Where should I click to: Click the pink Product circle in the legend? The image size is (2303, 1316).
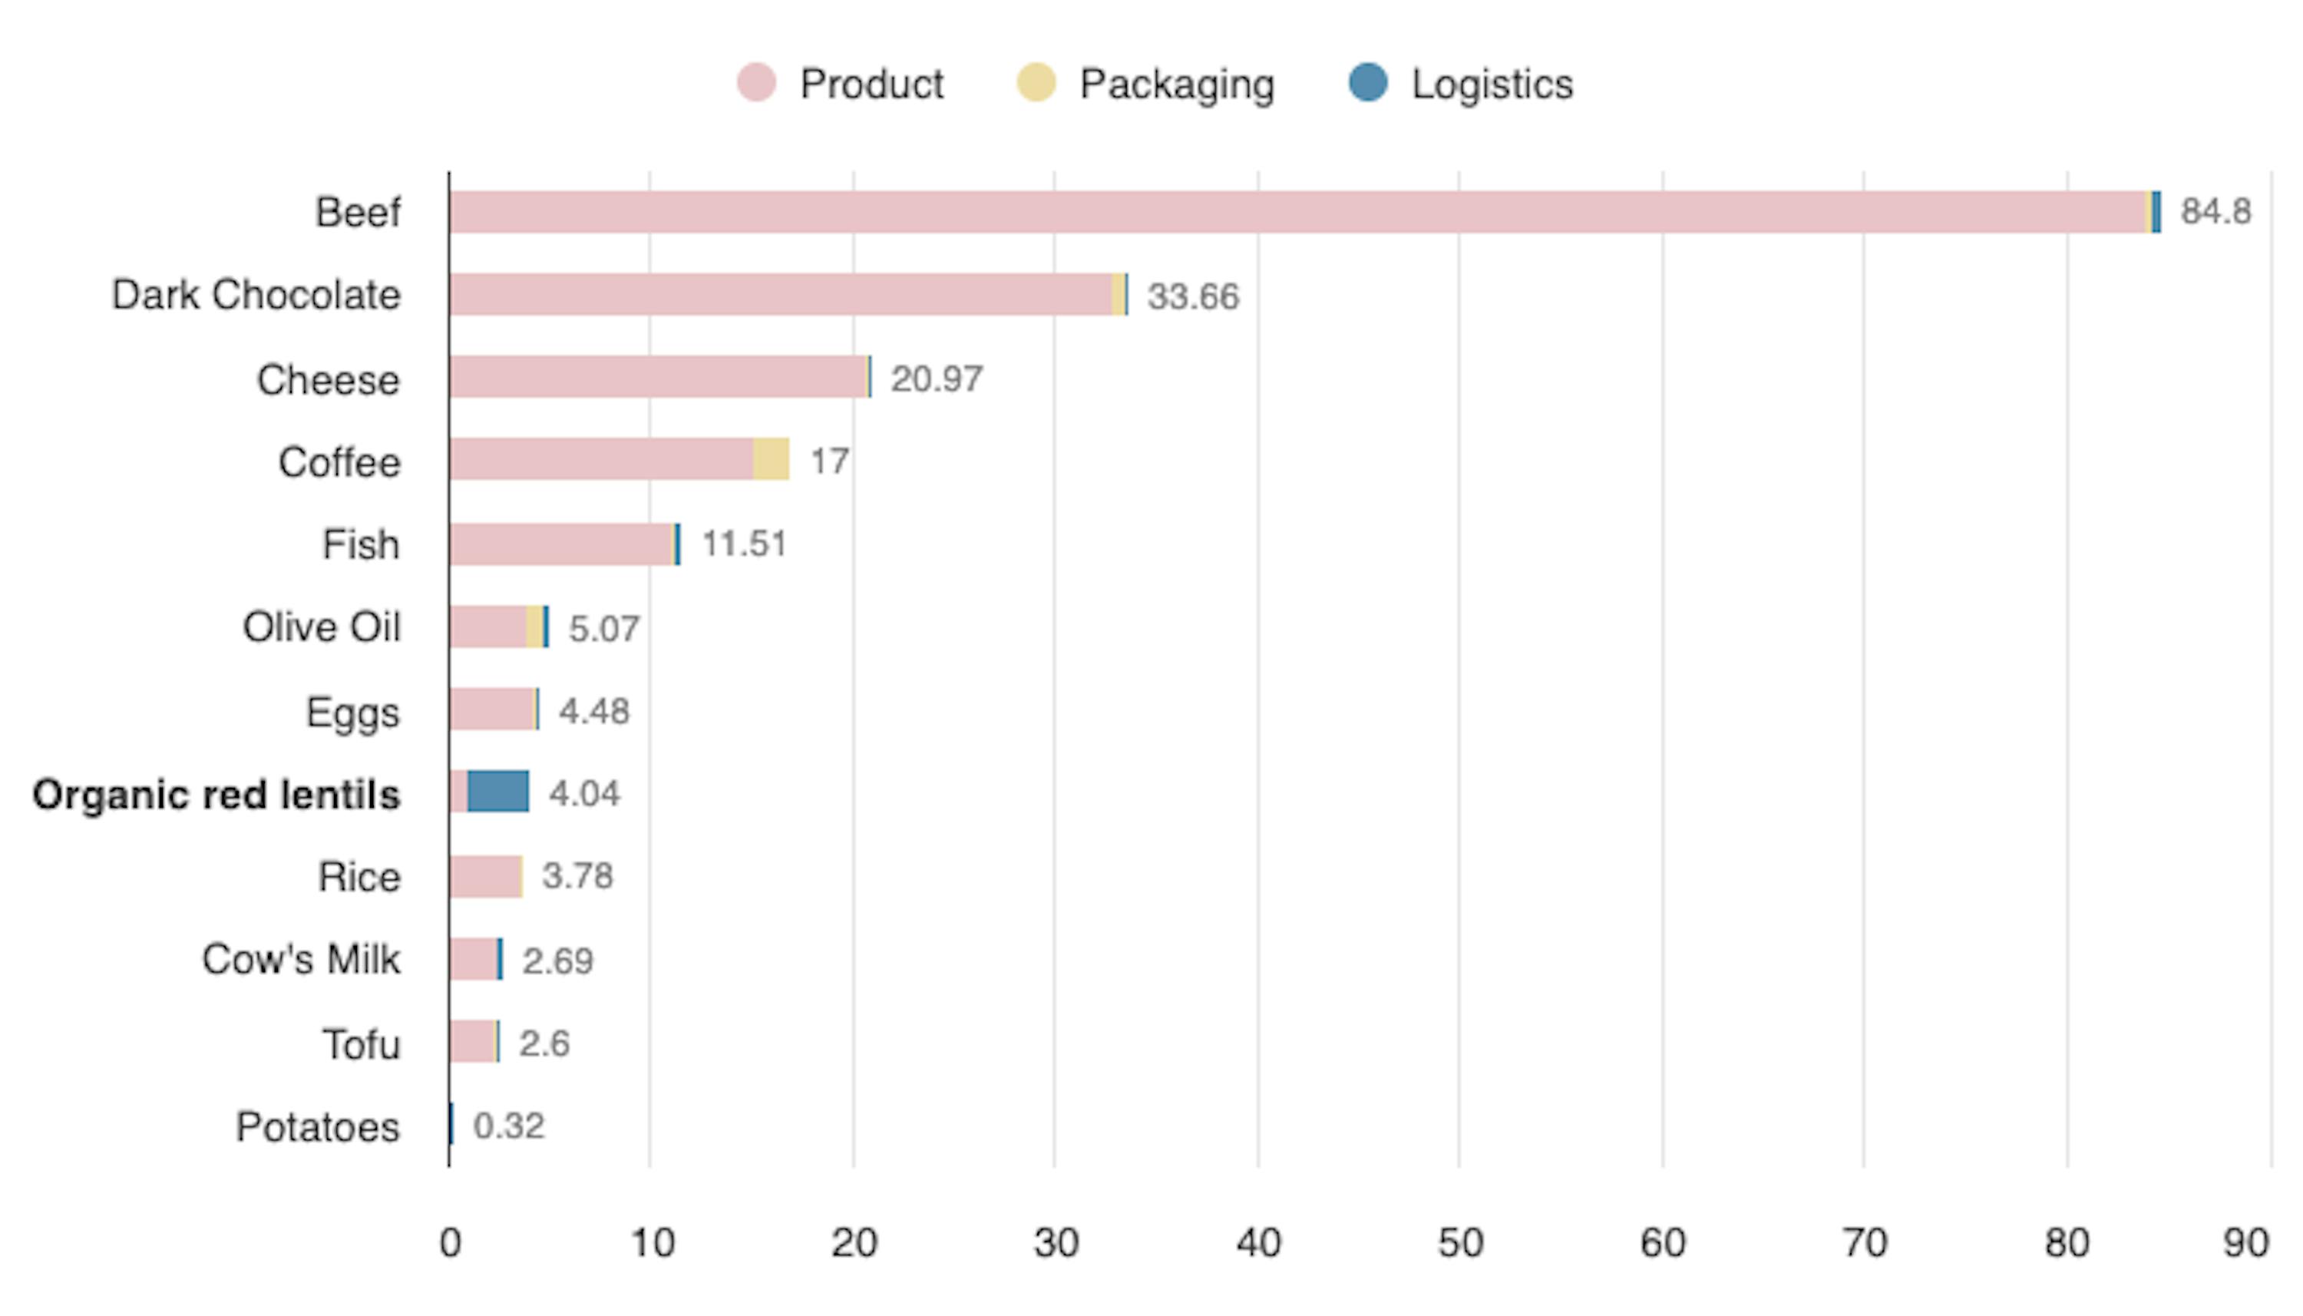[x=755, y=83]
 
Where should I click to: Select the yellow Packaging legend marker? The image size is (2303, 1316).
[x=1036, y=83]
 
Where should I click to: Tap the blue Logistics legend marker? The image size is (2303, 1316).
[x=1368, y=83]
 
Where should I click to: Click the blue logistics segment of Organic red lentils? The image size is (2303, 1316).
[x=497, y=792]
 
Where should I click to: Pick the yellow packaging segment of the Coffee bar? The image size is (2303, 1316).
[x=771, y=459]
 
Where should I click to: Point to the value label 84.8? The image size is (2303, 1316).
[x=2215, y=211]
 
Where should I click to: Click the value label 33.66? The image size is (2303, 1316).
[x=1193, y=296]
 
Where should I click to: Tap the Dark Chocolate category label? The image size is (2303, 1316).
[x=256, y=295]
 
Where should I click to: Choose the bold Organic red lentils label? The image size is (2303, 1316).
[x=216, y=795]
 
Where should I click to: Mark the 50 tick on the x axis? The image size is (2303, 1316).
[x=1460, y=1243]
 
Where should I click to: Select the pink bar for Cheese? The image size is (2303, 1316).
[x=658, y=377]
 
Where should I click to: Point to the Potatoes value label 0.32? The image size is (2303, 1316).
[x=509, y=1126]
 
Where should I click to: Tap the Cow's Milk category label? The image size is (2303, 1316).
[x=301, y=959]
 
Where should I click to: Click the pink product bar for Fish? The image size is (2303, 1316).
[x=561, y=544]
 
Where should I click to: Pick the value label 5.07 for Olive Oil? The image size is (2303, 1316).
[x=603, y=628]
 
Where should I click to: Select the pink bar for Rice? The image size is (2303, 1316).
[x=484, y=877]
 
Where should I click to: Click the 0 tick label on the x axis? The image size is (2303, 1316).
[x=450, y=1243]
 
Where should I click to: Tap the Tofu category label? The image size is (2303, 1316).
[x=362, y=1044]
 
